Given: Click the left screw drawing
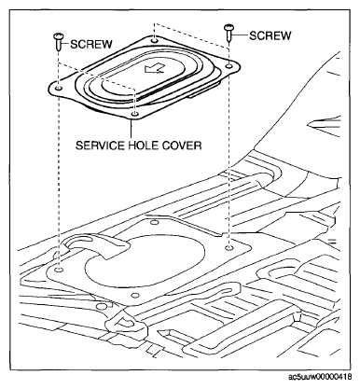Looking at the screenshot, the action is tap(58, 41).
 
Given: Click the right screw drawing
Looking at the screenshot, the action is tap(228, 33).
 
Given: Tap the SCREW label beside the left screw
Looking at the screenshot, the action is tap(91, 44).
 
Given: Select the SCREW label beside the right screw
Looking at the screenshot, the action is tap(270, 35).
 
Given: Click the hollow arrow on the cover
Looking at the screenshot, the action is tap(155, 68).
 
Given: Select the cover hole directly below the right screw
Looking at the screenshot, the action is tap(228, 65).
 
